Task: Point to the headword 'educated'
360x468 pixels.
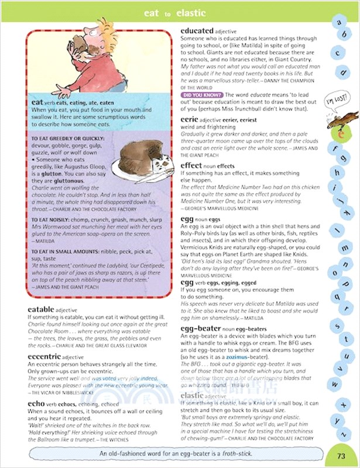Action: (x=202, y=30)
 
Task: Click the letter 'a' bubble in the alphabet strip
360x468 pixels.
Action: (x=338, y=22)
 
